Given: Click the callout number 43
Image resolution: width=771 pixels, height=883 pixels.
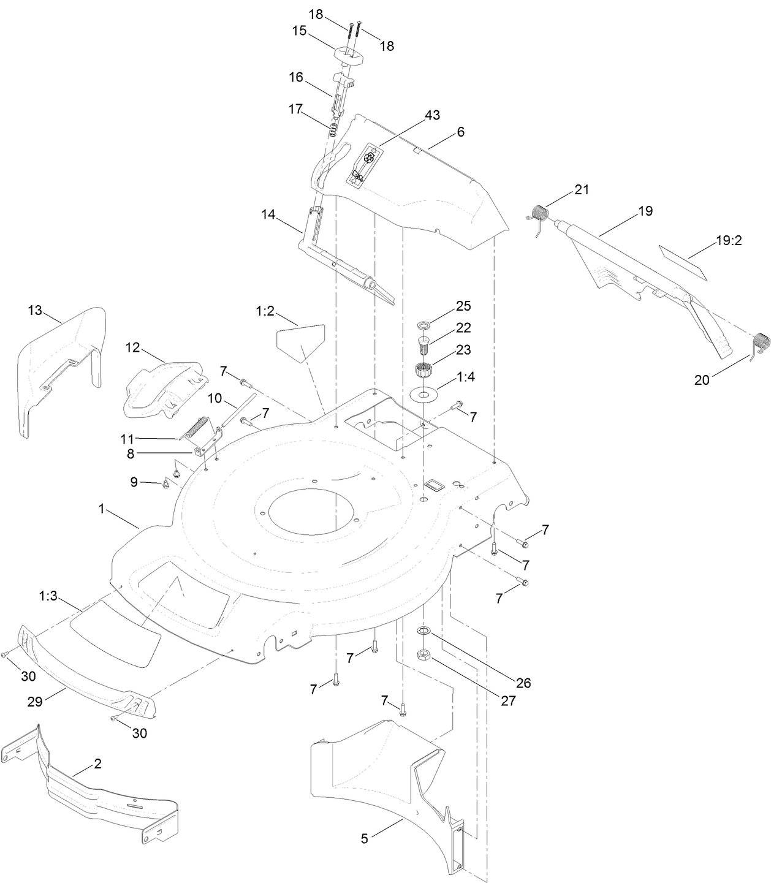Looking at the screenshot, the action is pos(432,115).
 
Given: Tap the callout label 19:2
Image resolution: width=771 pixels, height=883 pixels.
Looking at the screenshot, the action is pos(729,240).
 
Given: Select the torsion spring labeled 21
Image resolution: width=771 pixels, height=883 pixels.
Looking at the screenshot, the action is pos(539,219).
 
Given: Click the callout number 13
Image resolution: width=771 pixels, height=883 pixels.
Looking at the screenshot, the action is pos(35,310).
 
